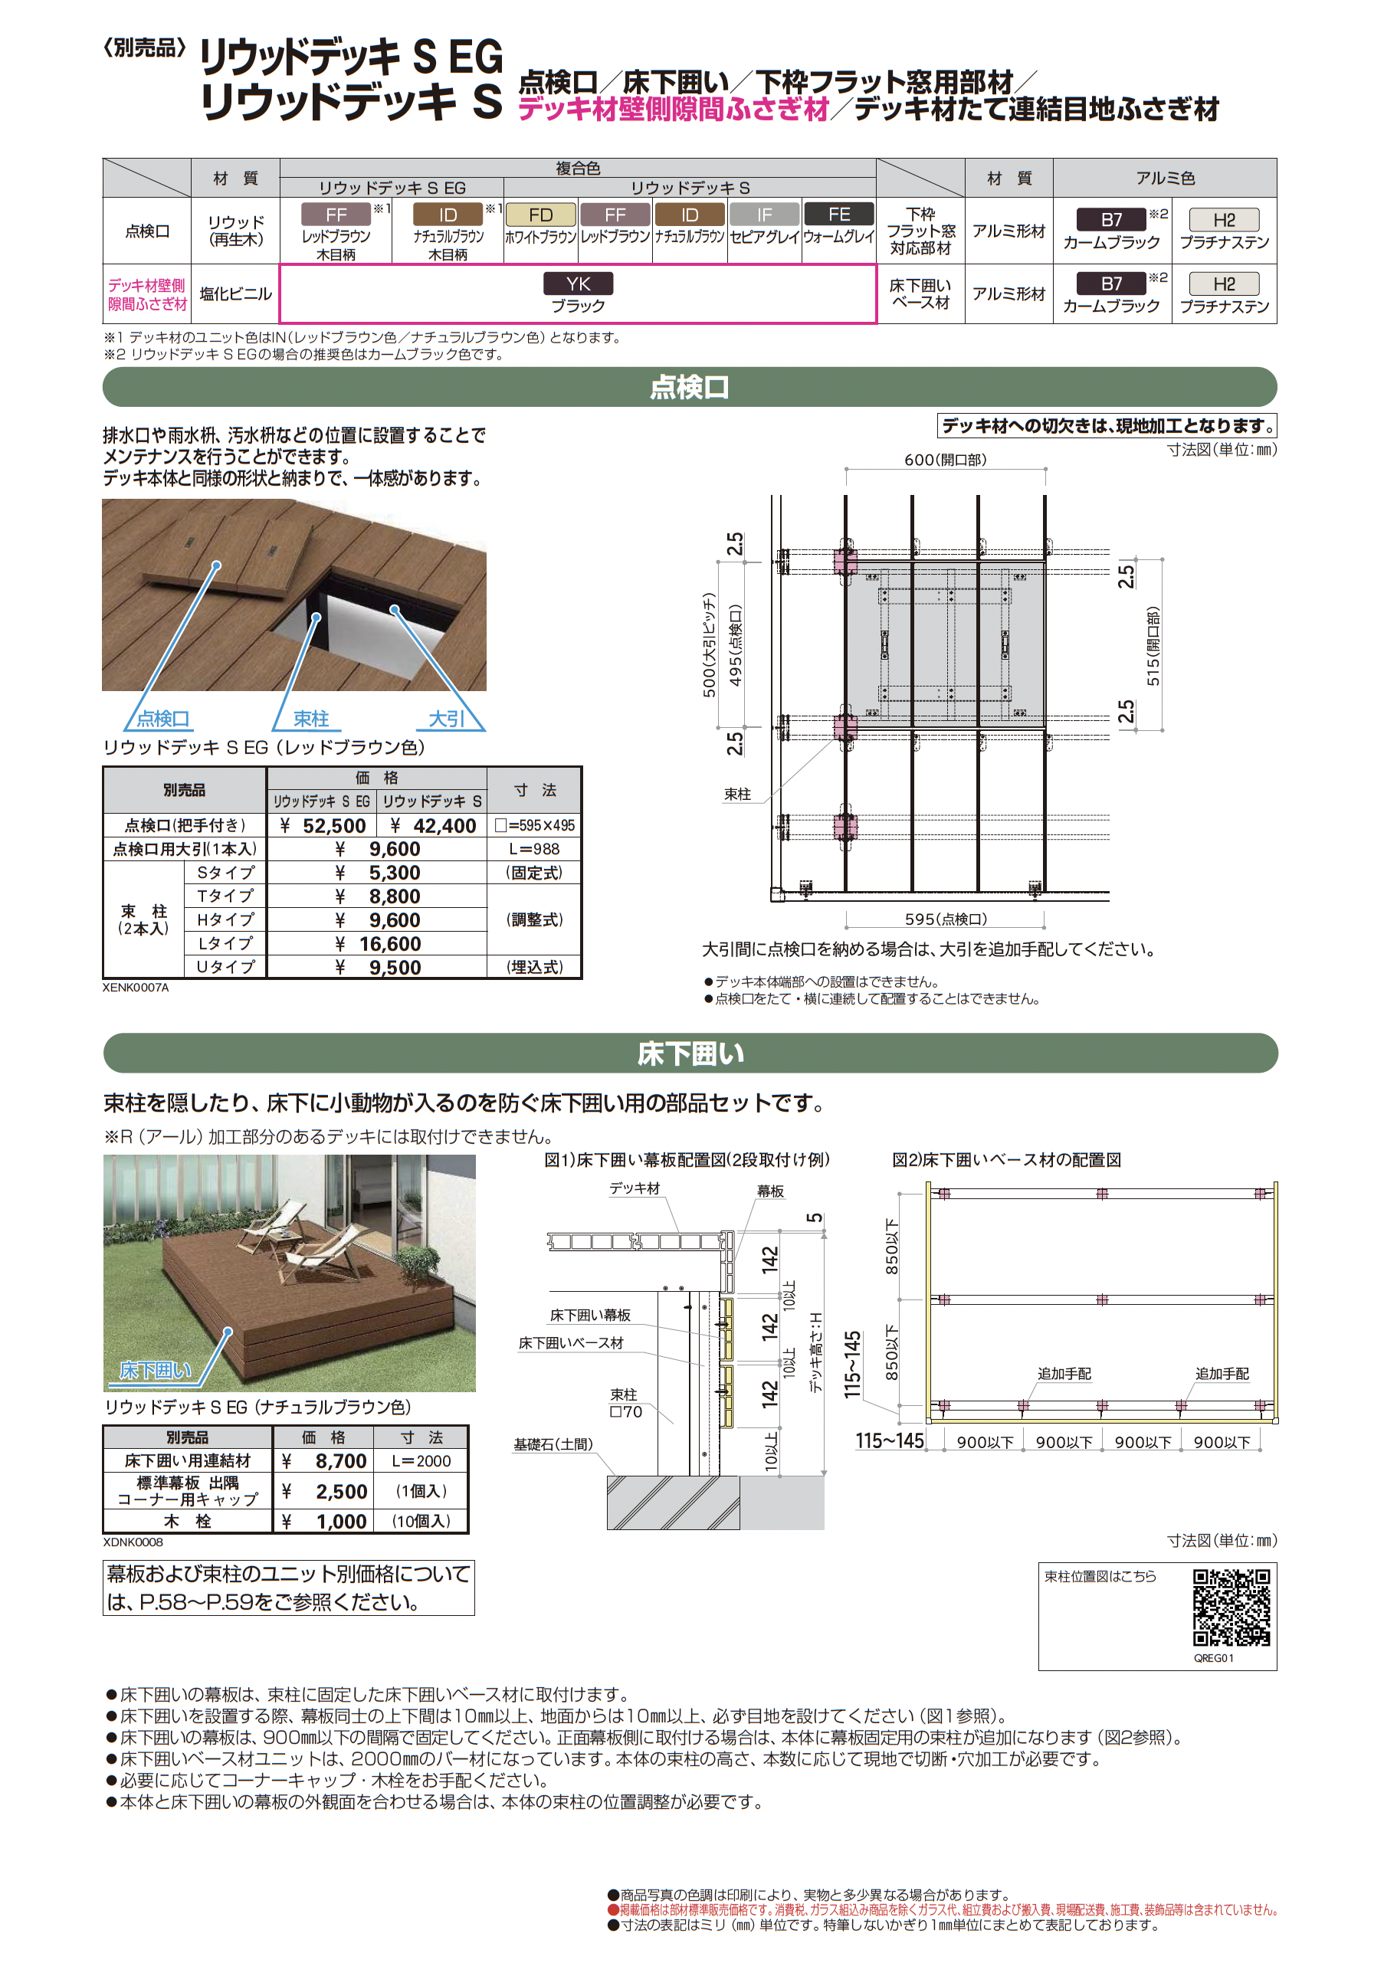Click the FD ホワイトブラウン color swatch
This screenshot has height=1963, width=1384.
540,215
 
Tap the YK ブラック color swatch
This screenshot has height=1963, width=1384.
579,283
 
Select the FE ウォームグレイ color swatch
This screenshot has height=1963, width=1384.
839,215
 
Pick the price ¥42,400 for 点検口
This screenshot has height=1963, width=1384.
434,826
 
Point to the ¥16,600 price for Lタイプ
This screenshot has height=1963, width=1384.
379,944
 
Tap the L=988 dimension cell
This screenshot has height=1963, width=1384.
534,849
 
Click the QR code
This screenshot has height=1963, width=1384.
1231,1607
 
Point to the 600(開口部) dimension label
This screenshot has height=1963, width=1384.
945,460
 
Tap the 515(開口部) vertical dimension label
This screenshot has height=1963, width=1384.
1153,647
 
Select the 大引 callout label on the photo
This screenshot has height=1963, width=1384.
447,719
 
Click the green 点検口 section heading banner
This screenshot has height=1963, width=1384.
690,387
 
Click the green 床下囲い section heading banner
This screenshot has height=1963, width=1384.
690,1054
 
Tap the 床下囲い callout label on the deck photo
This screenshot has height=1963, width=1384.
156,1371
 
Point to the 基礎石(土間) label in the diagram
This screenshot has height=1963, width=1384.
553,1444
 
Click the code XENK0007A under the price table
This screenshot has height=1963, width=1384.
136,988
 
